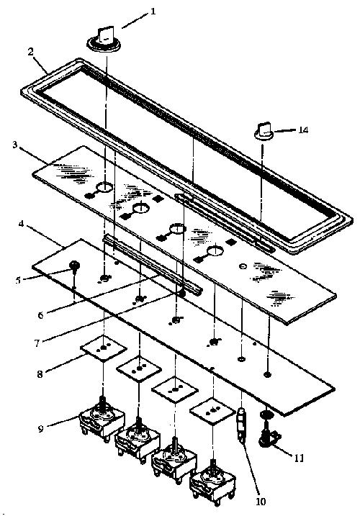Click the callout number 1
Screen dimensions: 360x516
coord(152,12)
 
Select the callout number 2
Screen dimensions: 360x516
coord(31,53)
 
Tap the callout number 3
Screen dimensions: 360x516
coord(15,145)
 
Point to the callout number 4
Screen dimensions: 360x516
coord(22,225)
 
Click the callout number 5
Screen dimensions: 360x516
coord(18,281)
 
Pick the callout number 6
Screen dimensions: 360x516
coord(40,315)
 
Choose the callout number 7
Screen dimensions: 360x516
coord(37,343)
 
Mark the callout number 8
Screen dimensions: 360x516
coord(40,374)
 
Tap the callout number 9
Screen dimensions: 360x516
coord(40,429)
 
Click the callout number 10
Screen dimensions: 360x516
coord(260,501)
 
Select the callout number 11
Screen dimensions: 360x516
coord(299,458)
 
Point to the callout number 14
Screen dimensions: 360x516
coord(303,130)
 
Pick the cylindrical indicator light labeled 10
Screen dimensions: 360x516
coord(242,423)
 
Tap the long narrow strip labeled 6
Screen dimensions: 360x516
coord(153,263)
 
